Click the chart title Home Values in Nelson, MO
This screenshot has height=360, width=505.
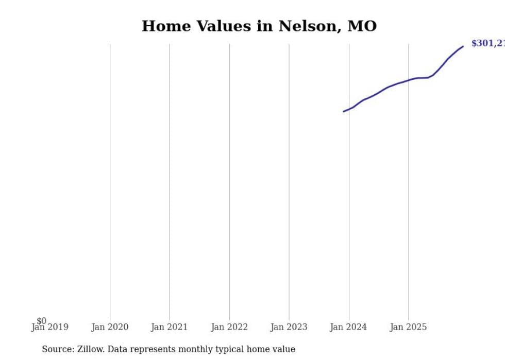[259, 26]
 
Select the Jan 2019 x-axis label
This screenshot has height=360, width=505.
[50, 327]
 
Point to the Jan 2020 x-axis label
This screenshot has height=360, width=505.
[110, 327]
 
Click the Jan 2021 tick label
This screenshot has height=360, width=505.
[170, 327]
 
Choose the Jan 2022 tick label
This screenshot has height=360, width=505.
[229, 327]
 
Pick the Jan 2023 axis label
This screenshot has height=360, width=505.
[289, 327]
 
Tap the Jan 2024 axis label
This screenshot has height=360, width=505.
[348, 327]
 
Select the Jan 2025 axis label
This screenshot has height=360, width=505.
[408, 327]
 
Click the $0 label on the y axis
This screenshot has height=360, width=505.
[41, 321]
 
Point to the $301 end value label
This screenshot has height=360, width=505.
[487, 44]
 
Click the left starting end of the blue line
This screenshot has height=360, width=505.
[344, 111]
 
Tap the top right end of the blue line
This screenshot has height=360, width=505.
[463, 46]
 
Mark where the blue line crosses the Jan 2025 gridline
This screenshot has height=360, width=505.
[409, 80]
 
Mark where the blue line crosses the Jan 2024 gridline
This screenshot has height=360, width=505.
[349, 109]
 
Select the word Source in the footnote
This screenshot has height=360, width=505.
[57, 349]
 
